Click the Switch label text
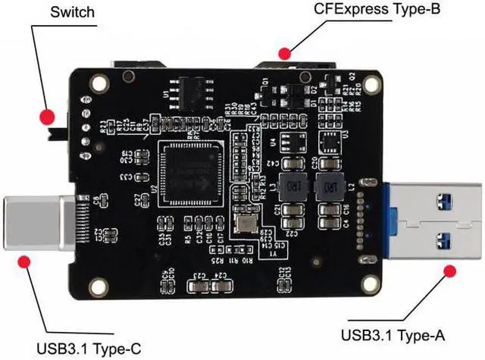coord(74,12)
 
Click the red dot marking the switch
coord(48,117)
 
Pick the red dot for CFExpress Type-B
coord(285,53)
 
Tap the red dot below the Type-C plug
coord(24,262)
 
